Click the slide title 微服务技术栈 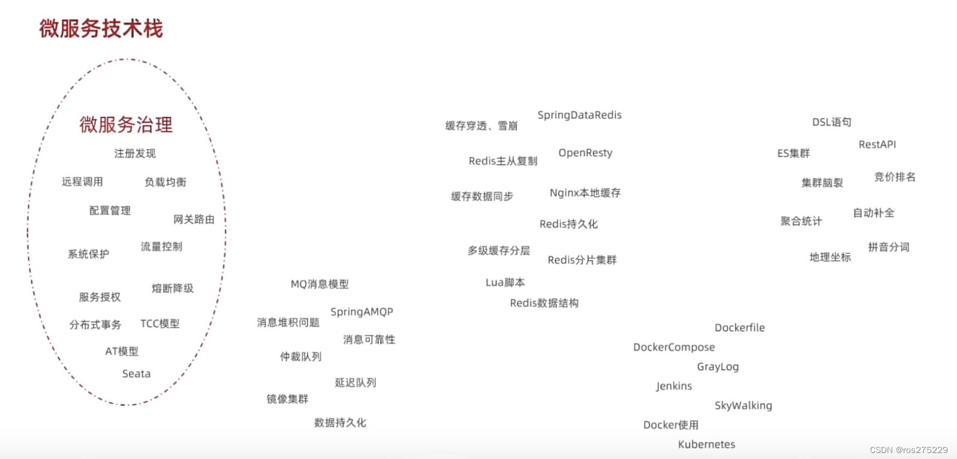click(x=101, y=29)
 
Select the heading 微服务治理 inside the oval click(x=126, y=125)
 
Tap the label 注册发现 click(x=135, y=153)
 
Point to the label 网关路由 click(x=194, y=219)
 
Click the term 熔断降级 click(x=173, y=288)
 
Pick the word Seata click(x=136, y=374)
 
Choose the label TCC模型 click(x=159, y=324)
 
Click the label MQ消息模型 click(x=320, y=284)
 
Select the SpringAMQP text click(x=362, y=312)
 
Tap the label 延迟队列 click(x=356, y=382)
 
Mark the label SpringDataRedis click(x=579, y=115)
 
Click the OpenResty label click(x=585, y=153)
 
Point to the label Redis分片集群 click(x=582, y=260)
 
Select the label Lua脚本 click(x=505, y=282)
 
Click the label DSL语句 click(x=832, y=122)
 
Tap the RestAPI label click(x=877, y=144)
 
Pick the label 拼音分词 click(x=889, y=247)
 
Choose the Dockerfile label click(x=739, y=328)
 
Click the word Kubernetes click(x=706, y=445)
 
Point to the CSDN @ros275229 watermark click(x=908, y=450)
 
